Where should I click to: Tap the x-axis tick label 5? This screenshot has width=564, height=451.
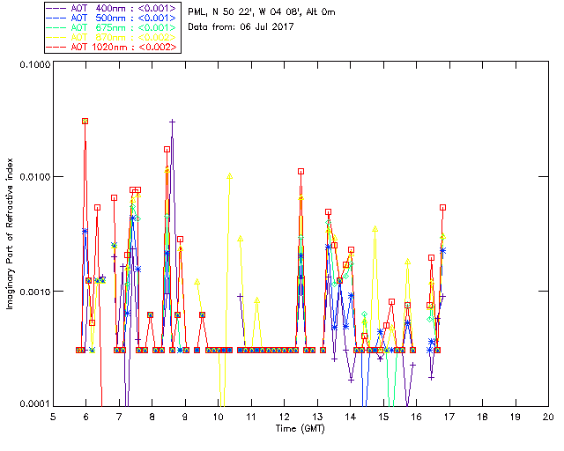[x=53, y=416]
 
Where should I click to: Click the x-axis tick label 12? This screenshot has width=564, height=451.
[x=284, y=416]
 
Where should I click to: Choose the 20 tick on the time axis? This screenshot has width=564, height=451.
[x=548, y=416]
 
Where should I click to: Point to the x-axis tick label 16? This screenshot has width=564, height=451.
[x=416, y=416]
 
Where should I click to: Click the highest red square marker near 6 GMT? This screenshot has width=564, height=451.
[x=85, y=121]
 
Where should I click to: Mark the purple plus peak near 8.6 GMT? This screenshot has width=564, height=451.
[x=173, y=122]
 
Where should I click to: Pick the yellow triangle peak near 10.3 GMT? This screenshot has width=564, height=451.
[x=230, y=175]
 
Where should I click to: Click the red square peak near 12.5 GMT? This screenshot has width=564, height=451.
[x=301, y=171]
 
